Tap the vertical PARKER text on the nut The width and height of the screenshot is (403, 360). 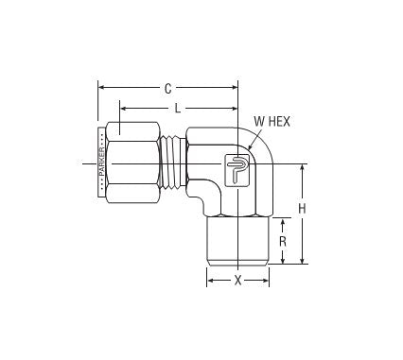(x=102, y=164)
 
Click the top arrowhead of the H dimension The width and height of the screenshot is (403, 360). (x=302, y=168)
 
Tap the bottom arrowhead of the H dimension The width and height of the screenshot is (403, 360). (x=302, y=260)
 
